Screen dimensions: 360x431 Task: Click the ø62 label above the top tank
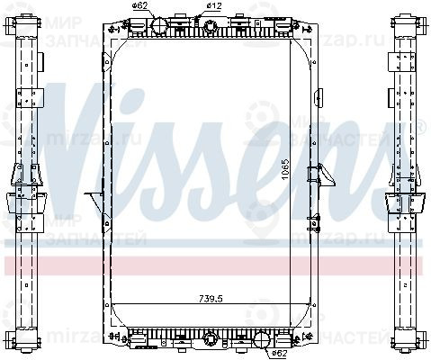pos(139,7)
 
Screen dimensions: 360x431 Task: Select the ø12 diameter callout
pos(214,7)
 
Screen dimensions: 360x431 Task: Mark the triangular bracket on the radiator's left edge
pos(92,196)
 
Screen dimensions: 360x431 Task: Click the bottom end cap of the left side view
pos(23,342)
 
